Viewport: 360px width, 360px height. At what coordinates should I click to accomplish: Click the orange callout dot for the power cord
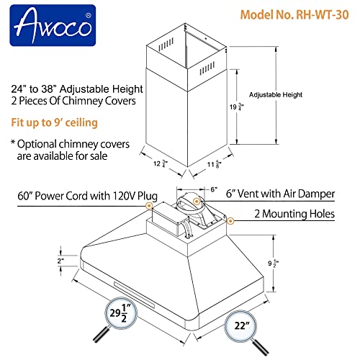149,206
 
